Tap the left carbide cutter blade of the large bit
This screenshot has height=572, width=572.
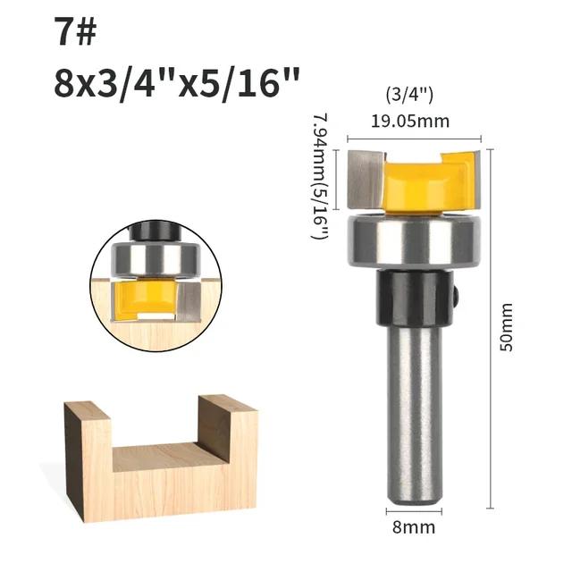click(x=366, y=178)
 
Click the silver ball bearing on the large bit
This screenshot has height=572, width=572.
click(x=414, y=239)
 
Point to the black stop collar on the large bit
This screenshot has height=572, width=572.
click(x=412, y=299)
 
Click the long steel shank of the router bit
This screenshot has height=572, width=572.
click(x=414, y=411)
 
